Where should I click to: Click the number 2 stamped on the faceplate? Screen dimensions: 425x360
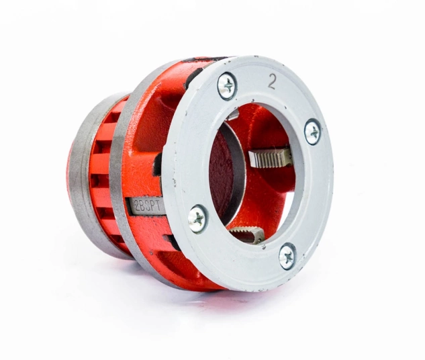point(272,81)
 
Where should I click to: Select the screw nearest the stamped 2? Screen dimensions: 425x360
point(227,86)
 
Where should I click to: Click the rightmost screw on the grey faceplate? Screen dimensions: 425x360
point(313,132)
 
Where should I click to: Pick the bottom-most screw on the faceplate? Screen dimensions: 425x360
point(287,256)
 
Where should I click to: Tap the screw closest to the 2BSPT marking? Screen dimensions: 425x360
point(198,218)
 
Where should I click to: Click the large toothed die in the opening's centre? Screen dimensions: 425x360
point(271,157)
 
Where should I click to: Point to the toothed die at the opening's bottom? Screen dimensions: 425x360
point(246,234)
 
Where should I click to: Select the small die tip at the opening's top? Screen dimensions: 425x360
point(232,115)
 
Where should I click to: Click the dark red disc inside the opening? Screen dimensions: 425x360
point(221,173)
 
